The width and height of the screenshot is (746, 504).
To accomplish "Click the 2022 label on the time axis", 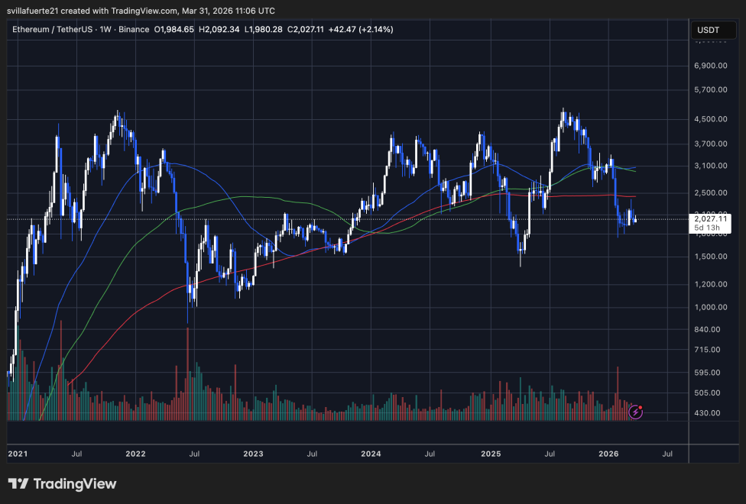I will pyautogui.click(x=136, y=454).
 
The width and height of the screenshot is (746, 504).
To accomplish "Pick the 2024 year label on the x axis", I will pyautogui.click(x=371, y=454).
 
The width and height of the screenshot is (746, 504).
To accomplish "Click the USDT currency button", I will pyautogui.click(x=708, y=30).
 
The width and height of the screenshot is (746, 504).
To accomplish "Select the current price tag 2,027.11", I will pyautogui.click(x=709, y=218).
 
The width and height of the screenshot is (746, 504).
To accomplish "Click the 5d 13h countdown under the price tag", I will pyautogui.click(x=706, y=228).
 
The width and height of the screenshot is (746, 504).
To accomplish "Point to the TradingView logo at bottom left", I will pyautogui.click(x=63, y=484).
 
